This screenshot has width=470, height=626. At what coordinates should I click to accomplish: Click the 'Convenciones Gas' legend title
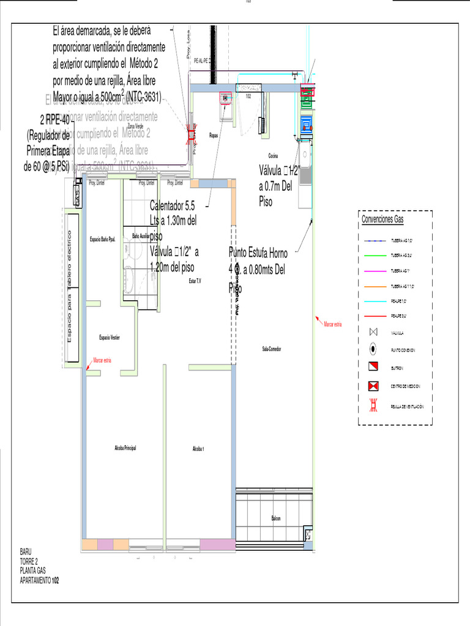382,219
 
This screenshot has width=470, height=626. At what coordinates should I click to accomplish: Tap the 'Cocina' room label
274,156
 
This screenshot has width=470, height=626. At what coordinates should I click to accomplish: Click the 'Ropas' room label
214,135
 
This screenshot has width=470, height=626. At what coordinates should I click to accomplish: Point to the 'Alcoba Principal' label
125,448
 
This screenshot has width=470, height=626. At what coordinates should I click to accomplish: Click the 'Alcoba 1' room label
198,448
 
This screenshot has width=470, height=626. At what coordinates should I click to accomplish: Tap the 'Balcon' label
275,518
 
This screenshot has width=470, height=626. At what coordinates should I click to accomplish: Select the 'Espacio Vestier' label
110,337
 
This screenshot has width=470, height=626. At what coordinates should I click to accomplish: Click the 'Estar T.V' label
195,281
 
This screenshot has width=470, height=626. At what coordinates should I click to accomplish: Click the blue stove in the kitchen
305,125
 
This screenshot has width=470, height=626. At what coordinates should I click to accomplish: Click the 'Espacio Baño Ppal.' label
103,239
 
